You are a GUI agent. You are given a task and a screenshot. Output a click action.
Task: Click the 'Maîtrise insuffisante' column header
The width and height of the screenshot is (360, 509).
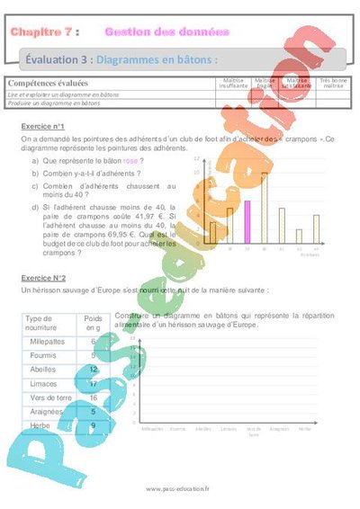[x=234, y=83]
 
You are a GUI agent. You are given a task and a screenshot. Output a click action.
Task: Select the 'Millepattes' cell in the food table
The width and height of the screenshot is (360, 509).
[x=45, y=343]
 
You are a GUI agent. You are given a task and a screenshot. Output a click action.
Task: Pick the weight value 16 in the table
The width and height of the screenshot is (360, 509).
[x=94, y=397]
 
